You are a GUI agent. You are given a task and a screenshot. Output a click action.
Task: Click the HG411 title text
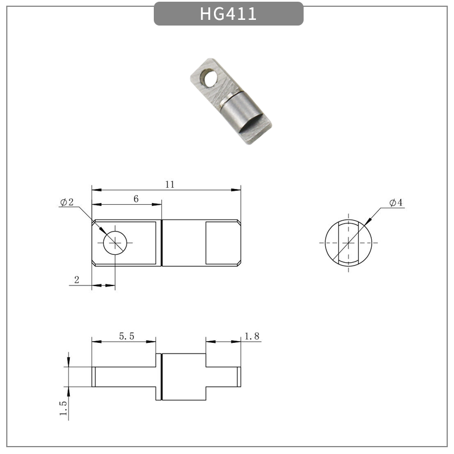[228, 14]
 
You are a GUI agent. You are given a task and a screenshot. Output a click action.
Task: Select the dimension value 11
[170, 184]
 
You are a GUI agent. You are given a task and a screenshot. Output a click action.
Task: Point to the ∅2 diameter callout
[66, 202]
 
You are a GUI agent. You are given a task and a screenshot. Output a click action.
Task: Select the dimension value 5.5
[126, 336]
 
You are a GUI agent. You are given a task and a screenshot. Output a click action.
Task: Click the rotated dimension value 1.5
[63, 409]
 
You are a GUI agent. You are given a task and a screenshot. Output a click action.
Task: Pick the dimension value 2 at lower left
[76, 280]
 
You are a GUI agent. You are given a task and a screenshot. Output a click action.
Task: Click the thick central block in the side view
[183, 376]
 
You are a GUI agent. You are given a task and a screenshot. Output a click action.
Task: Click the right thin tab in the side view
[223, 376]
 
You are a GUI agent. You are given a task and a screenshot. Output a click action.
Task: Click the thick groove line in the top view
[162, 243]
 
